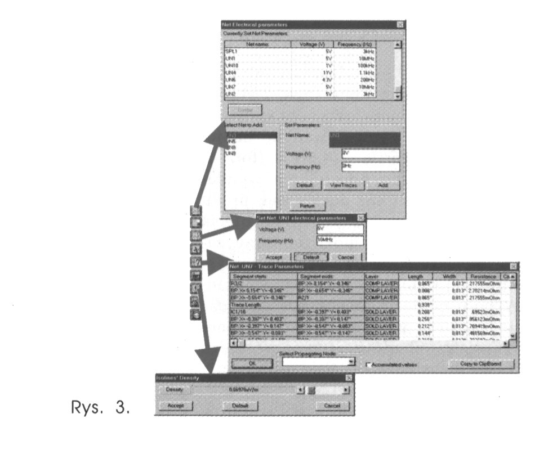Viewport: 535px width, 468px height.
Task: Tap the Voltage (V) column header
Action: (309, 44)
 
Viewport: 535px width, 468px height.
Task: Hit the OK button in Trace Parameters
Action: (252, 363)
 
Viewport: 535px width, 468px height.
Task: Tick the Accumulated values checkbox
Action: (369, 364)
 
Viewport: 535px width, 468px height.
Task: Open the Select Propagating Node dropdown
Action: (352, 362)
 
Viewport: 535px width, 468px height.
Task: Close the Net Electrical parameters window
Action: (400, 25)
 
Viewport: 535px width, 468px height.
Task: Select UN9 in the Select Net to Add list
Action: (231, 154)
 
